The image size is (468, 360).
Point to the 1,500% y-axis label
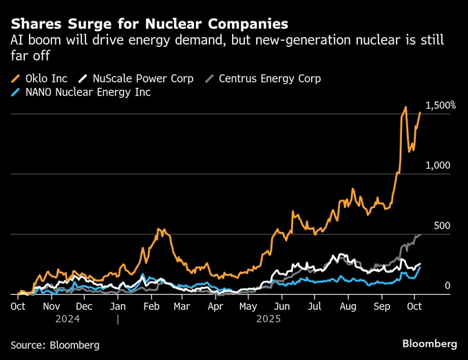440,105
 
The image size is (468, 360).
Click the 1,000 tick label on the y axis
438,165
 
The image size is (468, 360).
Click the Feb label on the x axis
151,306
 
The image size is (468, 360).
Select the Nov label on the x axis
52,306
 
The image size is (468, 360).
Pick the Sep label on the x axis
381,306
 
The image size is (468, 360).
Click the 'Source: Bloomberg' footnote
55,344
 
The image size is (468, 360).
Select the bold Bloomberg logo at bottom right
429,343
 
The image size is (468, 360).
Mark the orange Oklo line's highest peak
406,107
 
